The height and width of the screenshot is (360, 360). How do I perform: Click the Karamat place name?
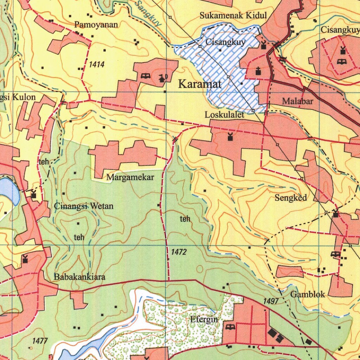pyautogui.click(x=200, y=84)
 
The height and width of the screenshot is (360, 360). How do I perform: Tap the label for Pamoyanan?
pyautogui.click(x=96, y=25)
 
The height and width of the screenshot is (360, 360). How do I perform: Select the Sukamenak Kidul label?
pyautogui.click(x=233, y=15)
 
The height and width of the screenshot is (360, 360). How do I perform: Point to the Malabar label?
pyautogui.click(x=297, y=101)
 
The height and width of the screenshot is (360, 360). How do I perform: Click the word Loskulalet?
pyautogui.click(x=225, y=115)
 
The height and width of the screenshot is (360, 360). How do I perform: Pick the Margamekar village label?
pyautogui.click(x=130, y=178)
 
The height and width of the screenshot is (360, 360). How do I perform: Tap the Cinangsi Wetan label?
pyautogui.click(x=84, y=206)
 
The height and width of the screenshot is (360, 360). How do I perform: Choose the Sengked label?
pyautogui.click(x=291, y=198)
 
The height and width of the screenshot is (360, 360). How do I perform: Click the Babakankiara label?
pyautogui.click(x=79, y=277)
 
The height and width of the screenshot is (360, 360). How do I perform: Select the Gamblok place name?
pyautogui.click(x=308, y=295)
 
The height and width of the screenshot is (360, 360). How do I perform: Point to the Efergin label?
pyautogui.click(x=204, y=320)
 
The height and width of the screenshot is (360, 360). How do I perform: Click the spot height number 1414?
pyautogui.click(x=97, y=64)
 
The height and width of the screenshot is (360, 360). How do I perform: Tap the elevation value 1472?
pyautogui.click(x=179, y=252)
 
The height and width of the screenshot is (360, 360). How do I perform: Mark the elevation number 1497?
pyautogui.click(x=271, y=301)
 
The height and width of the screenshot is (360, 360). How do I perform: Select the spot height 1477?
pyautogui.click(x=39, y=341)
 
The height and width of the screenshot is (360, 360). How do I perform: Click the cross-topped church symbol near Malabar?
pyautogui.click(x=258, y=71)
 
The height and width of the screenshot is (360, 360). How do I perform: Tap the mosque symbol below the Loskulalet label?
pyautogui.click(x=230, y=137)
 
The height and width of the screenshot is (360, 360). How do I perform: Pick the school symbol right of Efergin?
pyautogui.click(x=230, y=328)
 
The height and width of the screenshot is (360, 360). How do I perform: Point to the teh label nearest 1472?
pyautogui.click(x=185, y=219)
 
